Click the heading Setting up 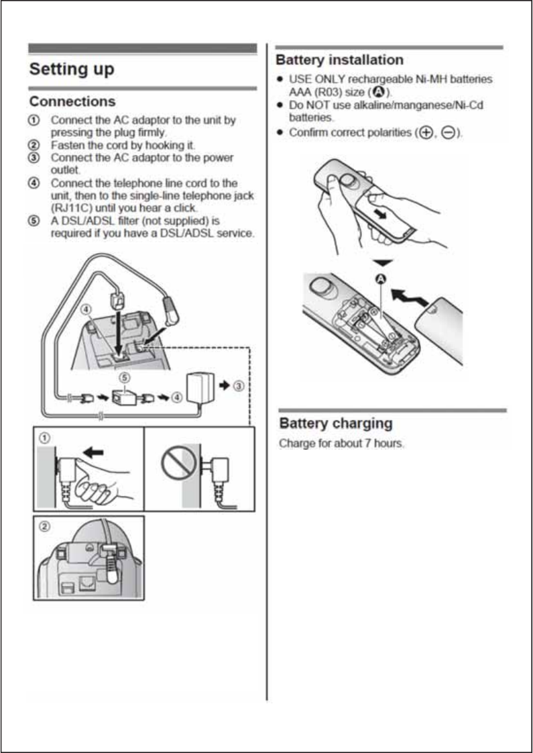click(x=71, y=69)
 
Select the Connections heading click(x=72, y=101)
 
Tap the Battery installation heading click(x=340, y=60)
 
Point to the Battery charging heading click(x=335, y=423)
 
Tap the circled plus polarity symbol click(x=424, y=134)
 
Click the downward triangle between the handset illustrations click(x=383, y=262)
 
